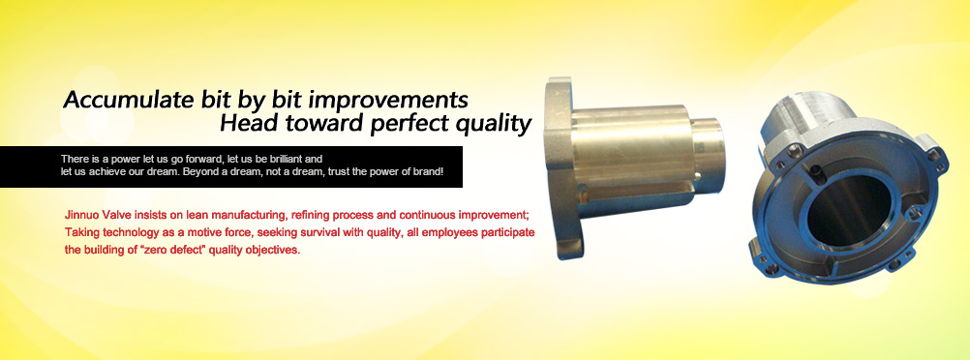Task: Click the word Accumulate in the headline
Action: [x=126, y=100]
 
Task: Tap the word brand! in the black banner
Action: [x=429, y=171]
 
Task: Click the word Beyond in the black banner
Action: [x=197, y=171]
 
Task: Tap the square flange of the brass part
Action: [x=560, y=168]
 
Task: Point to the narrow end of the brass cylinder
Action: [x=709, y=155]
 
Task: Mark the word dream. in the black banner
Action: [x=166, y=171]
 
